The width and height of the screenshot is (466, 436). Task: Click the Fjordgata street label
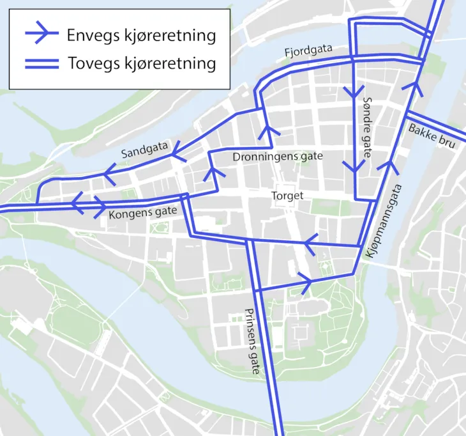pyautogui.click(x=310, y=51)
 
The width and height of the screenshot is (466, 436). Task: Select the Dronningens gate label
pyautogui.click(x=278, y=156)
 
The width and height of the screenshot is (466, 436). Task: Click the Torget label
pyautogui.click(x=287, y=196)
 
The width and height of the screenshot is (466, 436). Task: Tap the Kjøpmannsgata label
pyautogui.click(x=384, y=221)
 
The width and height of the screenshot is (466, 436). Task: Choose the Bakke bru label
pyautogui.click(x=433, y=135)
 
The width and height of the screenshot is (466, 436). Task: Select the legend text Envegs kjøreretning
pyautogui.click(x=141, y=35)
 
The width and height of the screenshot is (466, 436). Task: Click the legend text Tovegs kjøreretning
pyautogui.click(x=141, y=63)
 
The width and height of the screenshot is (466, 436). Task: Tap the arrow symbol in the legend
pyautogui.click(x=41, y=35)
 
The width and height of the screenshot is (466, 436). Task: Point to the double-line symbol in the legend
pyautogui.click(x=41, y=63)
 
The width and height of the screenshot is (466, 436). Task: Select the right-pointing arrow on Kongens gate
pyautogui.click(x=101, y=206)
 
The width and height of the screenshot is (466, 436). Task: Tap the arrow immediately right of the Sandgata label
pyautogui.click(x=175, y=150)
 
